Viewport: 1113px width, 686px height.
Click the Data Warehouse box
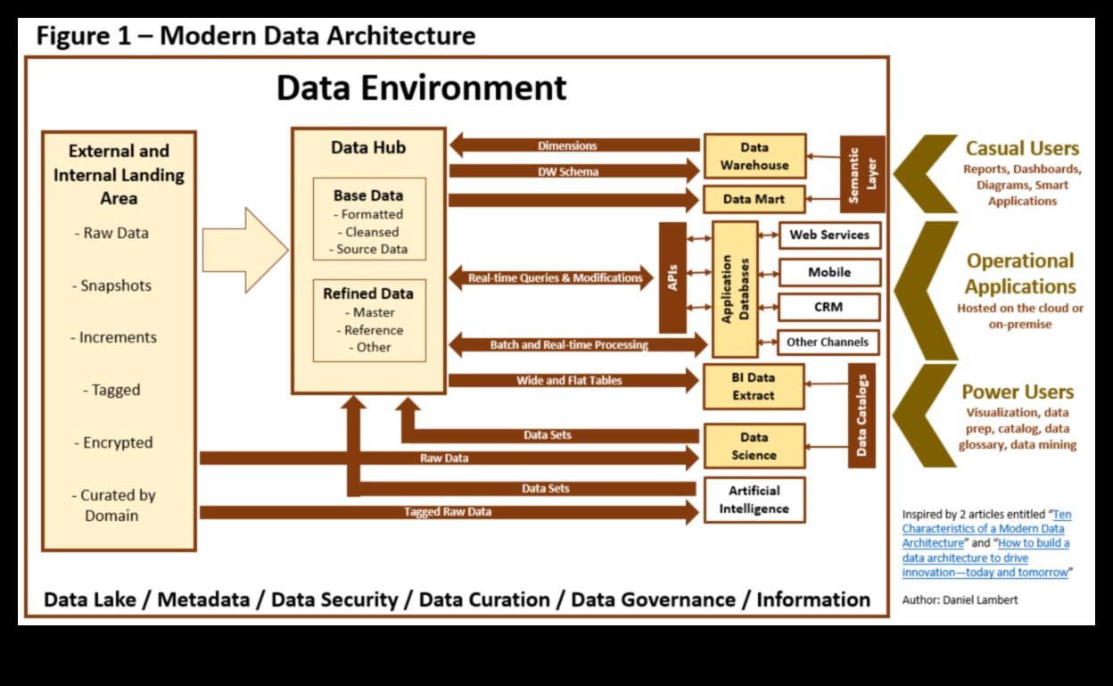[x=754, y=156]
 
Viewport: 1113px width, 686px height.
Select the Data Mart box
[x=754, y=199]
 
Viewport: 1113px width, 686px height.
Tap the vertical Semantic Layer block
[x=862, y=174]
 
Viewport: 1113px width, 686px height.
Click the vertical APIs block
[x=672, y=277]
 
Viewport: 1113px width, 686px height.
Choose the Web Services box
[x=829, y=236]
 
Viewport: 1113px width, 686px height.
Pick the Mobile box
[x=829, y=272]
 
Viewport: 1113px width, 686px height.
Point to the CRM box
[x=829, y=307]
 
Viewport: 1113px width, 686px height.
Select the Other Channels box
[x=827, y=342]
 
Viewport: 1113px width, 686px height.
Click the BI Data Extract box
[x=754, y=386]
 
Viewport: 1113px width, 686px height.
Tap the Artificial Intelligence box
[x=754, y=500]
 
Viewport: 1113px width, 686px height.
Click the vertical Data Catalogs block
[x=862, y=415]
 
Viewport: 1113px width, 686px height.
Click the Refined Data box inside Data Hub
[x=369, y=319]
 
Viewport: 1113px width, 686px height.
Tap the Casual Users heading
[x=1022, y=149]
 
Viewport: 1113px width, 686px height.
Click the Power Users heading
[x=1018, y=392]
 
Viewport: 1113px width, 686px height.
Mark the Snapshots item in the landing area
[x=116, y=285]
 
